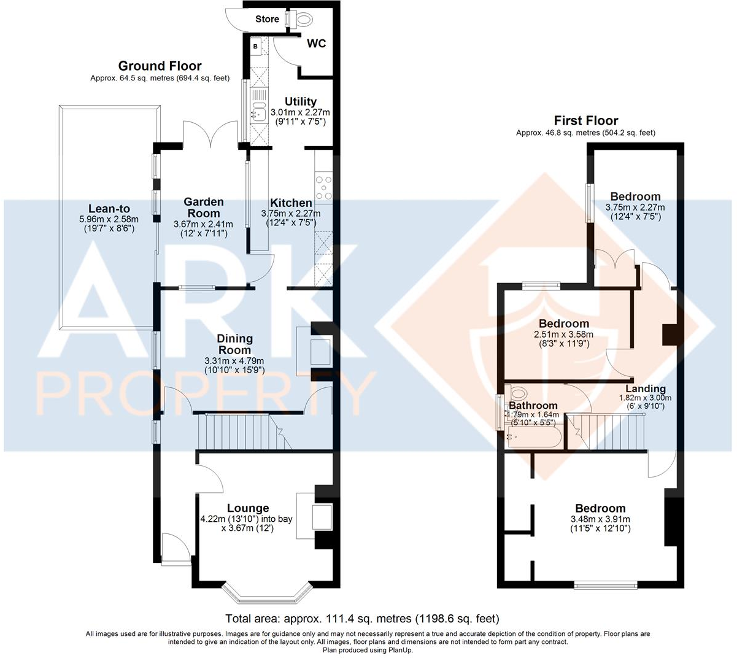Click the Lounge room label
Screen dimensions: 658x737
click(x=248, y=508)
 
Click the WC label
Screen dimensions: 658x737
click(x=316, y=44)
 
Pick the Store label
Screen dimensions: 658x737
click(x=267, y=19)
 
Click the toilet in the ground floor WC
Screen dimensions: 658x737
click(x=301, y=19)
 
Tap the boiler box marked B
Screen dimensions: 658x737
click(x=255, y=46)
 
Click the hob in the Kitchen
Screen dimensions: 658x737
click(x=323, y=188)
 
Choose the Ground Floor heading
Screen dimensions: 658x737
click(x=160, y=66)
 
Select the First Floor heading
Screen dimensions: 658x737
click(x=585, y=121)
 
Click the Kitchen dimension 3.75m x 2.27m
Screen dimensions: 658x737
click(x=291, y=214)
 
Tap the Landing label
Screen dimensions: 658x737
click(x=645, y=389)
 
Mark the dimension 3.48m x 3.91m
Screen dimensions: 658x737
click(x=600, y=519)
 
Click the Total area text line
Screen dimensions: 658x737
click(x=363, y=618)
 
